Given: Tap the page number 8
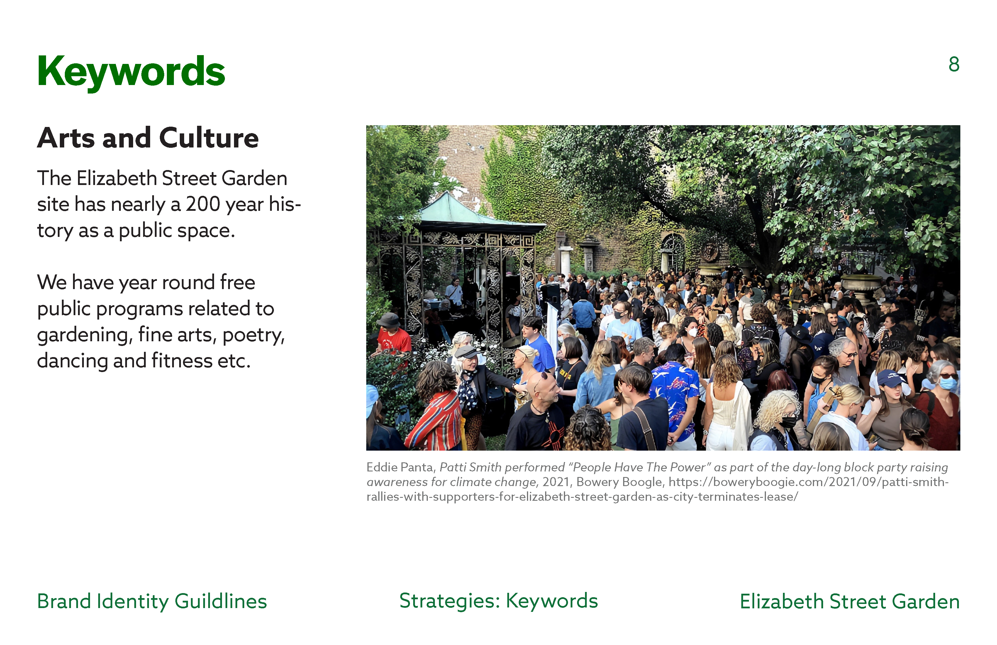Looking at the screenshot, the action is point(954,64).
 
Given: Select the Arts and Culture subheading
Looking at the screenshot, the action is point(148,138).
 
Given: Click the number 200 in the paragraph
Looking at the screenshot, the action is point(203,204).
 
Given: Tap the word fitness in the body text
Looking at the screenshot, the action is point(182,361).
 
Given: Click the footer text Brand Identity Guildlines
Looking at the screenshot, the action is point(152,601).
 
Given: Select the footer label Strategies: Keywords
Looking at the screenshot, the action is point(498,601).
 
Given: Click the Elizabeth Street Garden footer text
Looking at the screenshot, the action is point(850,601).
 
